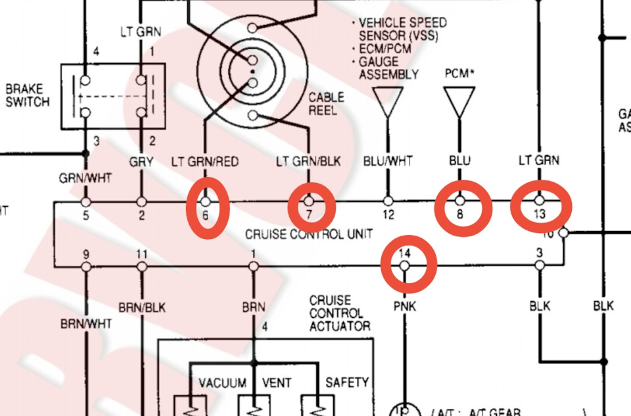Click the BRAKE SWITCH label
[x=28, y=95]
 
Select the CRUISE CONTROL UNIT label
[x=309, y=234]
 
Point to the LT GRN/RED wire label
[x=204, y=161]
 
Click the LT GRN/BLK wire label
[x=308, y=161]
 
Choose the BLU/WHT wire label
[x=387, y=161]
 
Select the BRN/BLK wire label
[x=142, y=307]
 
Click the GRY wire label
[x=141, y=161]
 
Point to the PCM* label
[x=459, y=73]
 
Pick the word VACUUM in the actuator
[x=222, y=382]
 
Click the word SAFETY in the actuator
[x=347, y=382]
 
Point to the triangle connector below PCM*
[x=459, y=103]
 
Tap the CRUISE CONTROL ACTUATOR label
[x=339, y=313]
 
